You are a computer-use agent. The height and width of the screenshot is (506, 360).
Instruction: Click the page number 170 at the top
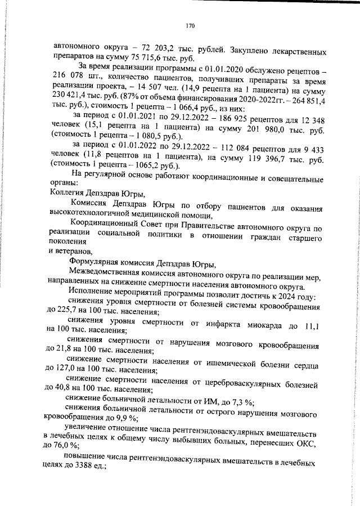pos(190,25)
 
